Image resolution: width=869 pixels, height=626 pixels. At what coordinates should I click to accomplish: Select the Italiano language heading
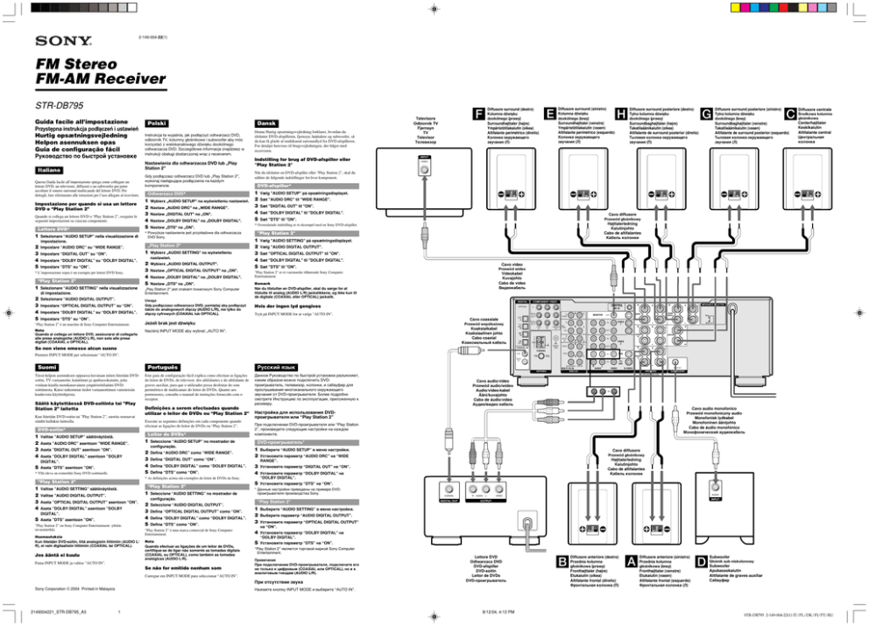(x=50, y=169)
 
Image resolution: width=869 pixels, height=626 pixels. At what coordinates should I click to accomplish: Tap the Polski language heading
(x=158, y=124)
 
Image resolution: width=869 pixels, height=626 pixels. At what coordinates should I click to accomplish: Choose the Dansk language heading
(x=266, y=124)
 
